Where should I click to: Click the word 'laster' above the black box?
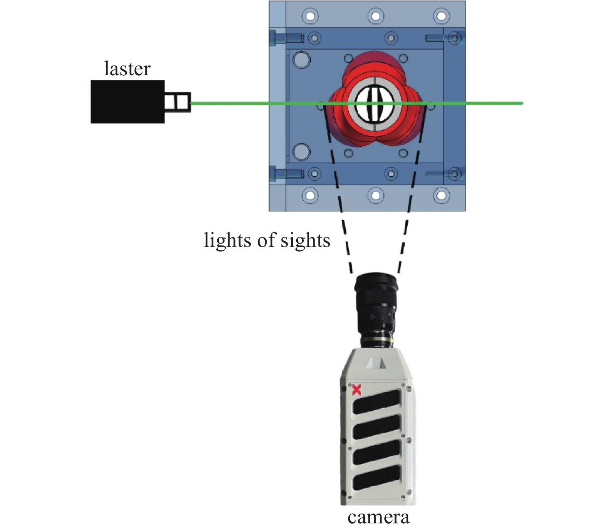(127, 69)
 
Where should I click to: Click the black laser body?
(127, 102)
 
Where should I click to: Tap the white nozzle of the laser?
(177, 102)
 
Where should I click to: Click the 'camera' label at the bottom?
(378, 518)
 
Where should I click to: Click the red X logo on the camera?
(356, 390)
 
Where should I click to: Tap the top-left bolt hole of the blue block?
(310, 16)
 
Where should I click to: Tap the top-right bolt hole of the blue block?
(441, 16)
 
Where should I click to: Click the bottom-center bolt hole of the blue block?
(375, 195)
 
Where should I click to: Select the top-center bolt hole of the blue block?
(375, 16)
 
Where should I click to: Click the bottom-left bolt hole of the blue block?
(310, 195)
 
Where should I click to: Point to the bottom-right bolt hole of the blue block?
(441, 195)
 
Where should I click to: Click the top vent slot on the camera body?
(377, 402)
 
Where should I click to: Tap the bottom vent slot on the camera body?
(377, 477)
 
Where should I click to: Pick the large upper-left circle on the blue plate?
(301, 60)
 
